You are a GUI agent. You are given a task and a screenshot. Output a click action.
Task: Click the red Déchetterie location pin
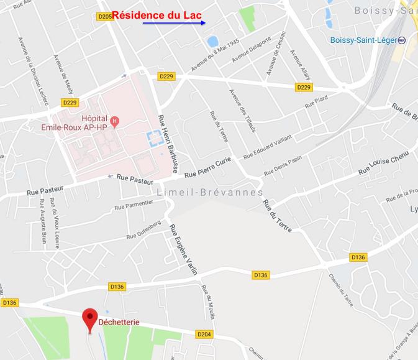[90, 319]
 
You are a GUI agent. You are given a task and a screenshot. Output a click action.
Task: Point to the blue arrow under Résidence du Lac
[174, 23]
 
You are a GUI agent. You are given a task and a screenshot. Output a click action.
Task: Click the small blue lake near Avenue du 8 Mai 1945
[212, 42]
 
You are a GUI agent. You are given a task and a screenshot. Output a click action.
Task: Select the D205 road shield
[105, 17]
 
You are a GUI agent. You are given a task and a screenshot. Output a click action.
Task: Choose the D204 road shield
[205, 335]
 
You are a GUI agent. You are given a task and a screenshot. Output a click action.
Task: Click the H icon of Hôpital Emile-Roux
[114, 119]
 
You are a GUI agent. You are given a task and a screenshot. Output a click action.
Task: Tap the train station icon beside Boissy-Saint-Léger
[401, 40]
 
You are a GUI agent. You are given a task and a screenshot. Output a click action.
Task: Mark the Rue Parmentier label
[133, 205]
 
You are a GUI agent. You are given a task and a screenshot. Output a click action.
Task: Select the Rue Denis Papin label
[282, 167]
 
